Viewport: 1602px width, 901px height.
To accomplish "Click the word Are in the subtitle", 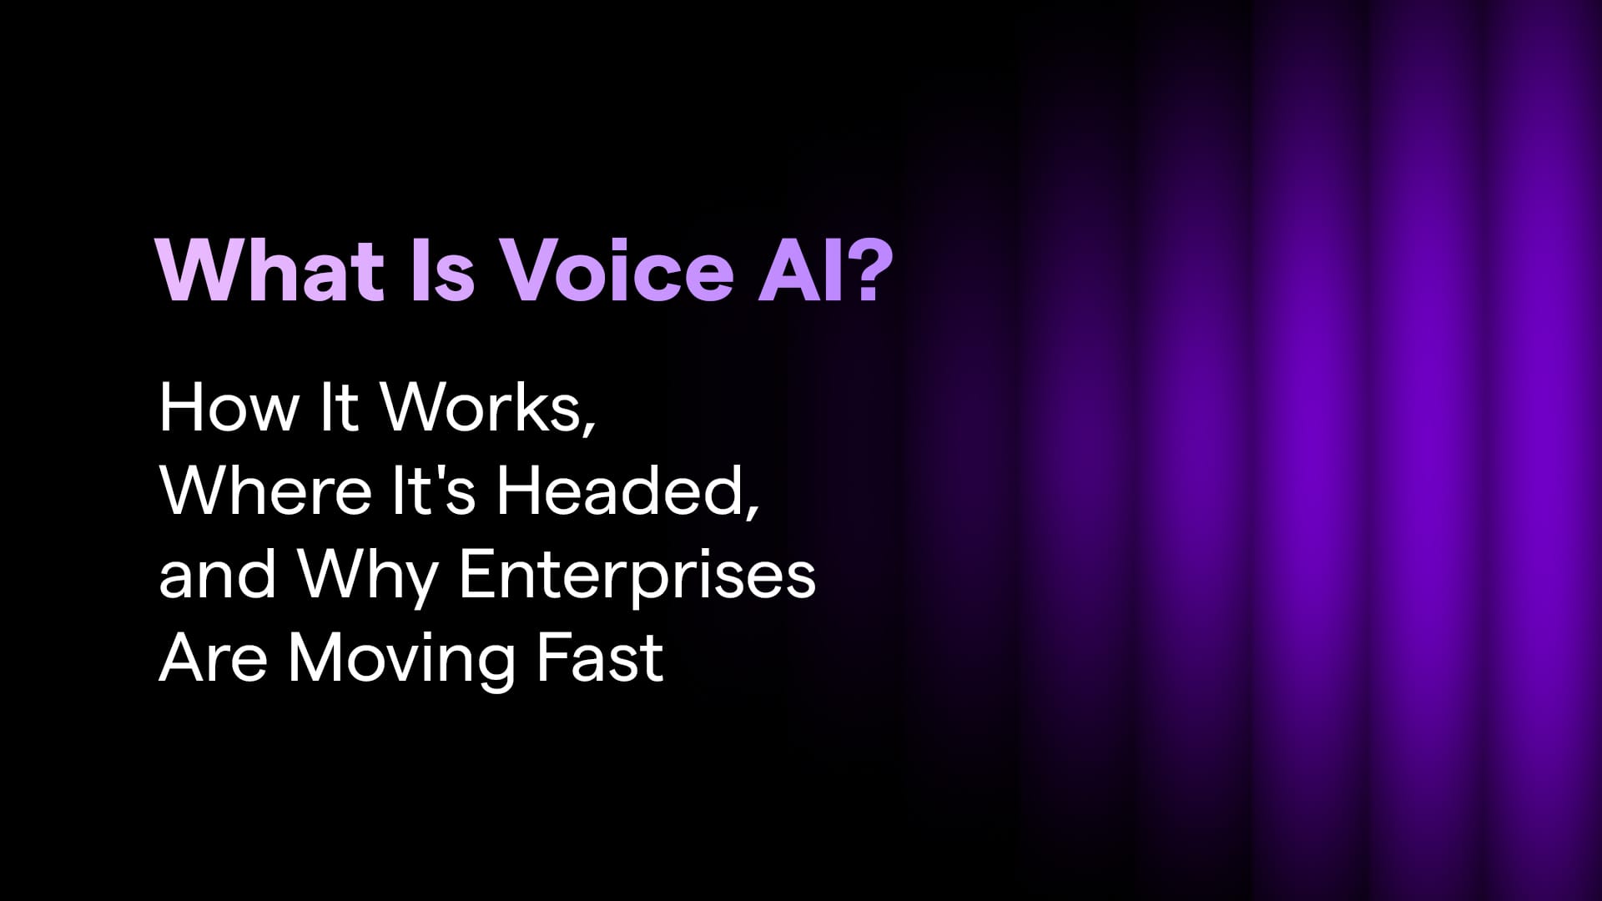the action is [213, 657].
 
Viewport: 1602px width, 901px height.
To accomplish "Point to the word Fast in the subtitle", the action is [600, 657].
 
